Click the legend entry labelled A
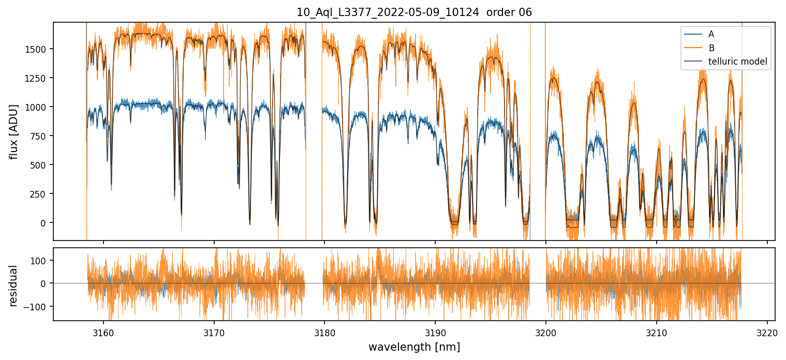click(711, 34)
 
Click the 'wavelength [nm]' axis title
click(414, 347)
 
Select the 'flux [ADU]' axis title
click(14, 131)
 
